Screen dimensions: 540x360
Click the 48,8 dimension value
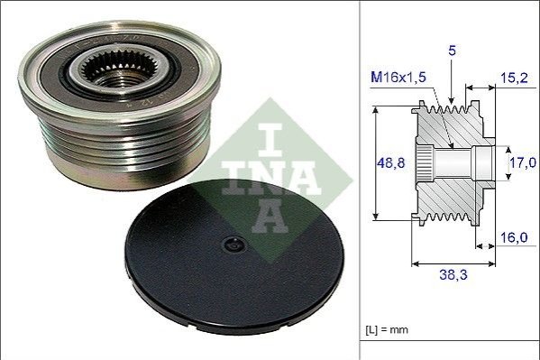[x=391, y=162]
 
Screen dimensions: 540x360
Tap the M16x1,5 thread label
[x=398, y=78]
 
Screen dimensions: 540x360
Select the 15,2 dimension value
[x=514, y=78]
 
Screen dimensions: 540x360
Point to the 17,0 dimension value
[x=523, y=162]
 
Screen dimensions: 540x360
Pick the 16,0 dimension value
[x=514, y=237]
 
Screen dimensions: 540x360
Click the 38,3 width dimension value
[x=453, y=275]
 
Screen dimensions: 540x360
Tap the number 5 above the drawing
[x=452, y=51]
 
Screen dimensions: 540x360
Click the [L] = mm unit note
[x=387, y=329]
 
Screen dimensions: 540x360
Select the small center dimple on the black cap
[x=234, y=245]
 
